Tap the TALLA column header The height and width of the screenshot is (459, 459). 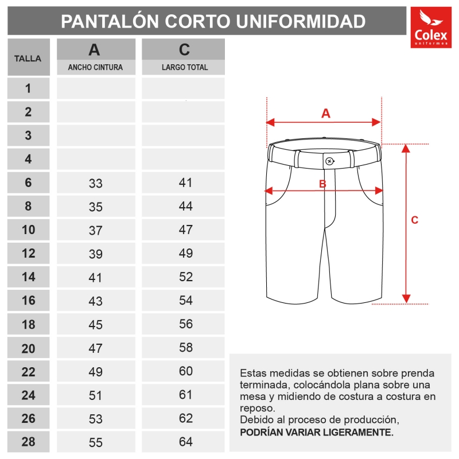28,58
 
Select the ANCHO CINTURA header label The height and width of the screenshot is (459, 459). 95,67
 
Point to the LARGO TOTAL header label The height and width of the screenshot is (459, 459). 185,67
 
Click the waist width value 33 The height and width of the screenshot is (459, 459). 95,184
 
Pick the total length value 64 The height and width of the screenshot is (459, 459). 185,442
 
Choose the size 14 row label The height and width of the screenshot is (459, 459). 28,277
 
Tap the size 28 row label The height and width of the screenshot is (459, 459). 28,442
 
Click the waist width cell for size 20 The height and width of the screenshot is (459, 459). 95,348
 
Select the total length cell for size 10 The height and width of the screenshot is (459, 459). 185,229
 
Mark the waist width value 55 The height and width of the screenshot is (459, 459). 95,442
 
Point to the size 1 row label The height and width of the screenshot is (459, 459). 28,88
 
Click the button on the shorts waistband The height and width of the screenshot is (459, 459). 329,161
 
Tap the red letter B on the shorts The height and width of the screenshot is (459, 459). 322,184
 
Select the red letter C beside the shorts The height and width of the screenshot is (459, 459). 415,220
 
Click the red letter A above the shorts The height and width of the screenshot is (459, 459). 325,114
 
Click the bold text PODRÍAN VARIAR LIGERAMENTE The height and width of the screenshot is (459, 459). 317,432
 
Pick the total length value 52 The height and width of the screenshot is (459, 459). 185,277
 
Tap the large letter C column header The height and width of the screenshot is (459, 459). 184,50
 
